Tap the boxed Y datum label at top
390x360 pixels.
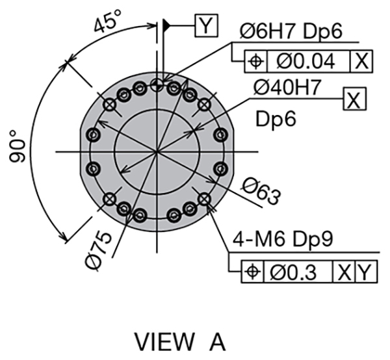tap(206, 25)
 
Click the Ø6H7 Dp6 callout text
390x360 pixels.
tap(291, 31)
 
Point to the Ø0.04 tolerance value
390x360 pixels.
tap(305, 62)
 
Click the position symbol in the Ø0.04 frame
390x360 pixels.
tap(256, 61)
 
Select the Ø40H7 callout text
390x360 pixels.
tap(287, 88)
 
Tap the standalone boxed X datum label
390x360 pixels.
tap(354, 99)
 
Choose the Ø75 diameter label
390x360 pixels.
tap(98, 251)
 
